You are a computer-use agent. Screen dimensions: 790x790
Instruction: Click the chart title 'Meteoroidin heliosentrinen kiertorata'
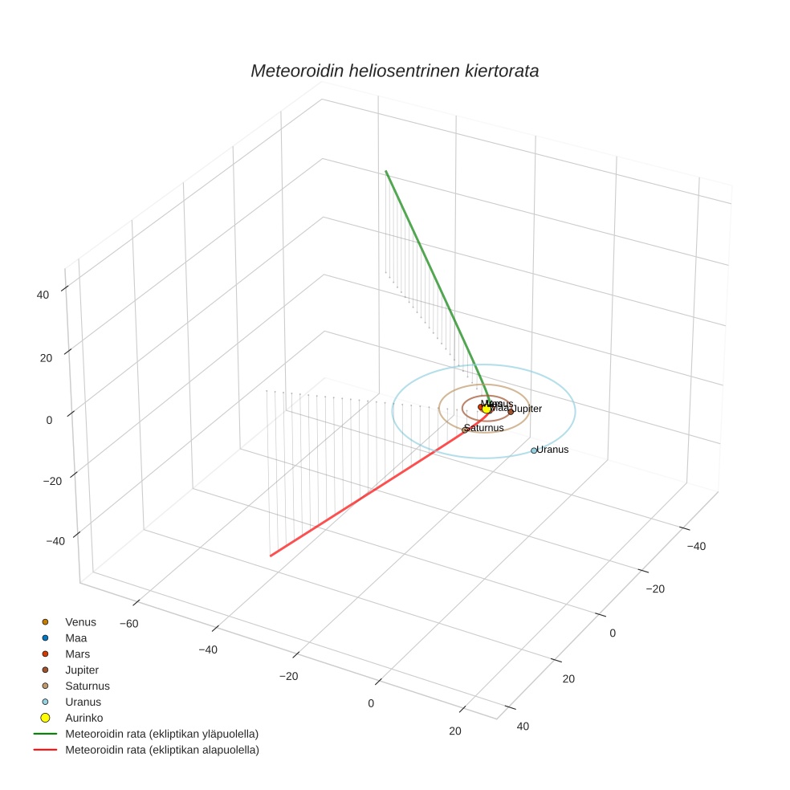tap(394, 71)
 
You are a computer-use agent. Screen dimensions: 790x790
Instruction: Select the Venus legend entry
tap(80, 622)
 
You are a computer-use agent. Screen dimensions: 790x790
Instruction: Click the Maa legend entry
tap(75, 638)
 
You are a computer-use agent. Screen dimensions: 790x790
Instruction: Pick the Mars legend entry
tap(77, 654)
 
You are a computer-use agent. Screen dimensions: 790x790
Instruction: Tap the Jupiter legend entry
tap(82, 670)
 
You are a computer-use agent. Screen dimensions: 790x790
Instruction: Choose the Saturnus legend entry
tap(87, 686)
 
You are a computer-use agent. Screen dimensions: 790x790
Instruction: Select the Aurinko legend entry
tap(83, 718)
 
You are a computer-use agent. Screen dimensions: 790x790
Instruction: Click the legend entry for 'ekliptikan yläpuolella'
tap(161, 734)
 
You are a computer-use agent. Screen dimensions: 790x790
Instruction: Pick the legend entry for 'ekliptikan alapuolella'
tap(161, 750)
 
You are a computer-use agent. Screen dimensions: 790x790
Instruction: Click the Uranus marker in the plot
tap(534, 450)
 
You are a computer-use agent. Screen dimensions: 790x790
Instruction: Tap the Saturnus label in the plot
tap(485, 428)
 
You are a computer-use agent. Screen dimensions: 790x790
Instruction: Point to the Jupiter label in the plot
tap(527, 409)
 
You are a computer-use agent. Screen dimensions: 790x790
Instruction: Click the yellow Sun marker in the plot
tap(487, 409)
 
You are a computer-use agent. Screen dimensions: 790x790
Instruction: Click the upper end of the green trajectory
tap(386, 171)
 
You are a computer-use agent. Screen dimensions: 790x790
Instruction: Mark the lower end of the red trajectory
tap(271, 556)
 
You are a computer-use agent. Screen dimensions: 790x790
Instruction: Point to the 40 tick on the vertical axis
tap(43, 295)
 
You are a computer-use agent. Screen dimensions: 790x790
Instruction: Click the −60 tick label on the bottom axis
tap(129, 623)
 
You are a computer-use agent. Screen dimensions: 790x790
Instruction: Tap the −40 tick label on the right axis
tap(696, 546)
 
